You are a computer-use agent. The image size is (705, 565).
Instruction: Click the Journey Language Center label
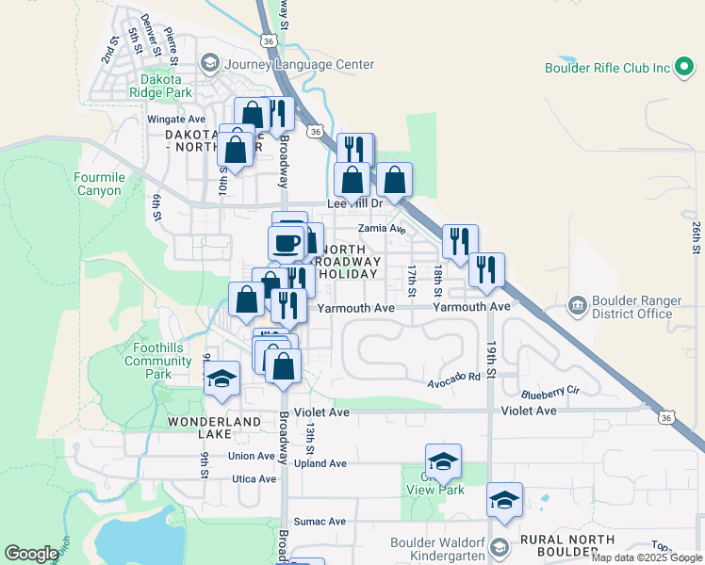pyautogui.click(x=300, y=65)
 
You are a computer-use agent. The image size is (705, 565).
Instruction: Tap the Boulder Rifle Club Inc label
pyautogui.click(x=607, y=68)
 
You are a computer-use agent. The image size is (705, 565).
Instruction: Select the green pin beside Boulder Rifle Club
pyautogui.click(x=685, y=69)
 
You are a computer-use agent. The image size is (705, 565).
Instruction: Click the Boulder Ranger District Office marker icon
pyautogui.click(x=577, y=307)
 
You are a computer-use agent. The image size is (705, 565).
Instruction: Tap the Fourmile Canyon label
pyautogui.click(x=99, y=184)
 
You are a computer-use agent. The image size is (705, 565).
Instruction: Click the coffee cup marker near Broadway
pyautogui.click(x=286, y=242)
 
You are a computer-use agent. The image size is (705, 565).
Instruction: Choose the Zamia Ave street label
pyautogui.click(x=381, y=229)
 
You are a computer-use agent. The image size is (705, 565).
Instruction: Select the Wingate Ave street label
pyautogui.click(x=176, y=120)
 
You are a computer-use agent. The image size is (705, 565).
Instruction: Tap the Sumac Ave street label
pyautogui.click(x=320, y=521)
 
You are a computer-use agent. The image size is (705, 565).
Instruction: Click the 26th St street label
pyautogui.click(x=696, y=237)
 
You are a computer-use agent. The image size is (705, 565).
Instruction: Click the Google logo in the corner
pyautogui.click(x=31, y=554)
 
